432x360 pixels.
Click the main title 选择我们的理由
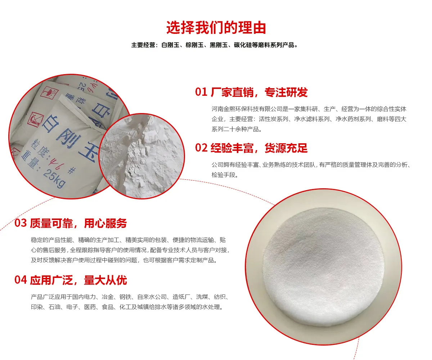(216, 27)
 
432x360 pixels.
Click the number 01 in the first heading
(201, 92)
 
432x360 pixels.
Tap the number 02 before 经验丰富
(201, 148)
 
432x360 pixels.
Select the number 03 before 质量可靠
(21, 223)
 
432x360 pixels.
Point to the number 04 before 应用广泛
(21, 280)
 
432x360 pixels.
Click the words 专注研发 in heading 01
(286, 92)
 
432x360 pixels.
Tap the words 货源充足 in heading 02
(286, 148)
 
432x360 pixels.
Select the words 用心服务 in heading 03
(105, 224)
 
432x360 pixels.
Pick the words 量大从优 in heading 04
(105, 280)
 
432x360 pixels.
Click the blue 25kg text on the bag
(55, 178)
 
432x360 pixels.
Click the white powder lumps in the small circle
(142, 156)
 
